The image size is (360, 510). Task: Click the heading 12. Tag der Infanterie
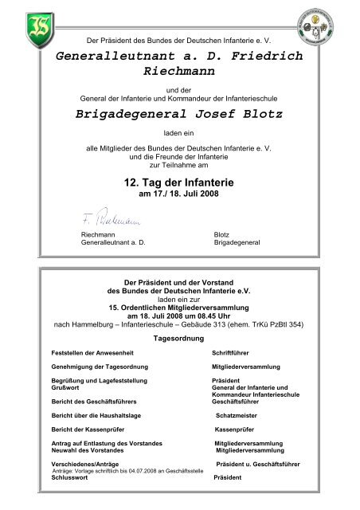(179, 183)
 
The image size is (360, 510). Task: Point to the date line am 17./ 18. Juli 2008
(179, 196)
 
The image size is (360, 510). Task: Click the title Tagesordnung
(179, 337)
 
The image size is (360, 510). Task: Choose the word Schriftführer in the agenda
(233, 351)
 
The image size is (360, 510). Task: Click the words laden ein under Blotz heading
(179, 135)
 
